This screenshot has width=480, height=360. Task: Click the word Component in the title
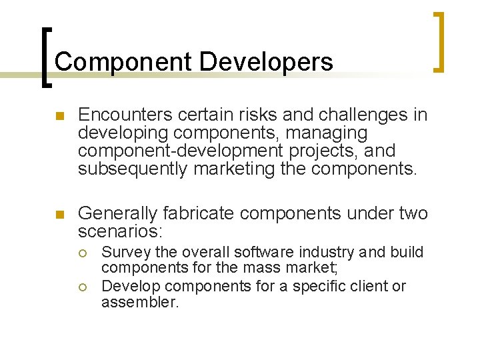(x=123, y=62)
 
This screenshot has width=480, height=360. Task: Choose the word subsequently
(x=132, y=169)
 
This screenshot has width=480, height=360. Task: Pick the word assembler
(x=140, y=301)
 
